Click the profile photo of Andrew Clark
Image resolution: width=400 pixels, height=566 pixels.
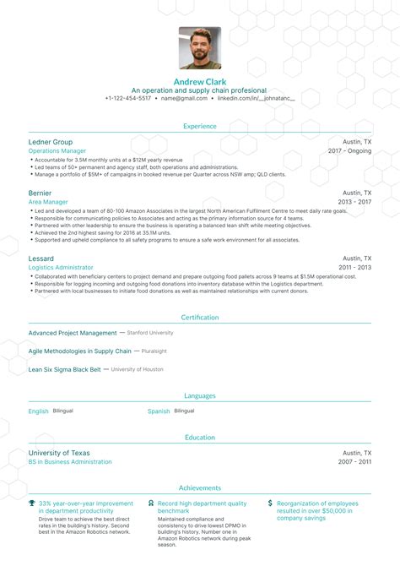click(200, 48)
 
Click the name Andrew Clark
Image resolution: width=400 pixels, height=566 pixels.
click(200, 81)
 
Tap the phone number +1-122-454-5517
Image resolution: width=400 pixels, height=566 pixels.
click(128, 98)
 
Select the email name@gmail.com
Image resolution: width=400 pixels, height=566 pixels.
click(184, 98)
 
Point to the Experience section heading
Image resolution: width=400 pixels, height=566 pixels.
click(200, 126)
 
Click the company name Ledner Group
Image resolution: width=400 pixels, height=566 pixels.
click(51, 142)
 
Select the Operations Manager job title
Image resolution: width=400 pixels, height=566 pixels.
click(57, 151)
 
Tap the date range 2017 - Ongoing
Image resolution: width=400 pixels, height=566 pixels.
click(349, 151)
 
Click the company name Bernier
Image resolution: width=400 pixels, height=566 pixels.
click(40, 193)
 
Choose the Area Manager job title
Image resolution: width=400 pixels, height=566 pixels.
click(49, 202)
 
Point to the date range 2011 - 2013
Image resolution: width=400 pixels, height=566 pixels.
click(353, 267)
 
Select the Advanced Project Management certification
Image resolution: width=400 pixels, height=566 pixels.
click(73, 333)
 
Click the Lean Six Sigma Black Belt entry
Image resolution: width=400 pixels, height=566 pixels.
click(64, 369)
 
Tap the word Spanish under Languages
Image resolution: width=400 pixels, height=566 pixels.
click(159, 411)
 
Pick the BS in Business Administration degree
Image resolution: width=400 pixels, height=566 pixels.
click(70, 462)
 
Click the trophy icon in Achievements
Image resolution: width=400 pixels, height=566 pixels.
click(32, 503)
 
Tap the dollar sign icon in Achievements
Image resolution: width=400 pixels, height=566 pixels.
click(270, 503)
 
